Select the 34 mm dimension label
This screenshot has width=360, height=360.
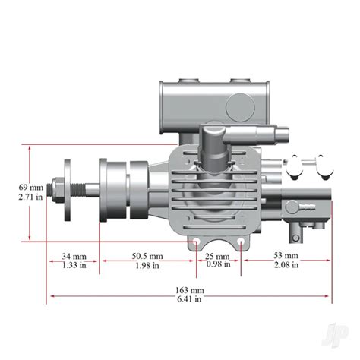tap(74, 255)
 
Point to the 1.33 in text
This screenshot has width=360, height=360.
tap(74, 265)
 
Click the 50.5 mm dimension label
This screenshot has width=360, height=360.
tap(147, 255)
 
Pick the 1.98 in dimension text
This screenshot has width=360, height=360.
tap(147, 265)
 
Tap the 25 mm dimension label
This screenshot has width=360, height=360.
tap(219, 255)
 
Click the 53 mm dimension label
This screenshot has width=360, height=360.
tap(286, 255)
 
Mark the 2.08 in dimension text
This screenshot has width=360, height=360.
tap(286, 265)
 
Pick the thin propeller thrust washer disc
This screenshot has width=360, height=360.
tap(69, 186)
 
